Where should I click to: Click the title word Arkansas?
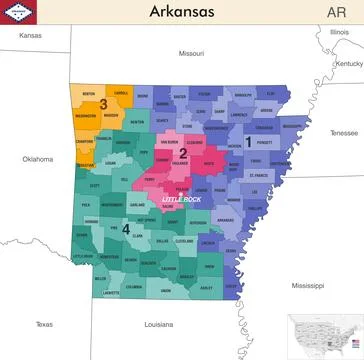[181, 12]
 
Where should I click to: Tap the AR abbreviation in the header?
[336, 12]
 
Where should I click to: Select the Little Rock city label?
[181, 199]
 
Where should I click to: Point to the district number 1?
[247, 143]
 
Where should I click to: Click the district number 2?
[183, 153]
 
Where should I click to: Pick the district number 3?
[103, 104]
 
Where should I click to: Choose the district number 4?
[126, 229]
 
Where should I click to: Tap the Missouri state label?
[191, 53]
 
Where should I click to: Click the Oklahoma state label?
[38, 159]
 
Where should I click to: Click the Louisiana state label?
[158, 324]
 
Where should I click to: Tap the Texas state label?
[43, 324]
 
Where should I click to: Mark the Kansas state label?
[30, 35]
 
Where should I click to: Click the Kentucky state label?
[348, 63]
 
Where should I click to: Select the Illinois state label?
[340, 32]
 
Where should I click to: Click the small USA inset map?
[325, 335]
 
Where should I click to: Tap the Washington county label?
[86, 116]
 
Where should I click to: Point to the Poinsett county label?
[265, 143]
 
